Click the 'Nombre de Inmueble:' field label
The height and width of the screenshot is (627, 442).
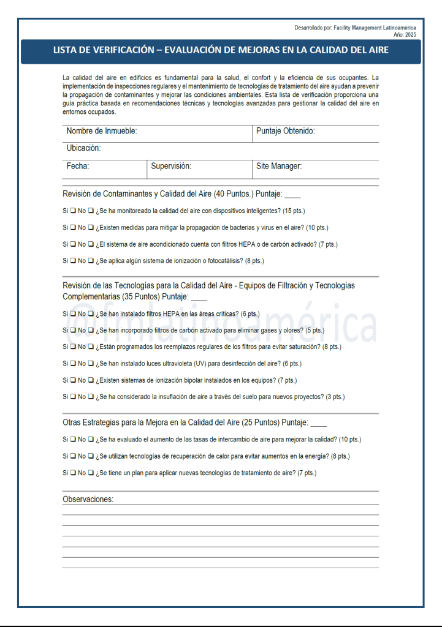pos(101,132)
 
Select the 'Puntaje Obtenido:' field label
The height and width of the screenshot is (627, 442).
pos(285,132)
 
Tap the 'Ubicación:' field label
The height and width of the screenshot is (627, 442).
pos(83,149)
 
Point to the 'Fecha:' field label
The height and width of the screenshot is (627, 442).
pos(78,167)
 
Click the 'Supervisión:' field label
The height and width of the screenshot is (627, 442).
pos(171,167)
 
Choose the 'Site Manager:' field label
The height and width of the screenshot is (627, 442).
pos(279,167)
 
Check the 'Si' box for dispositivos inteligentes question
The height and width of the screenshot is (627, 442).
pos(73,211)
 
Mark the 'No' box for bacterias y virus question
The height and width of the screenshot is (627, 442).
pos(91,228)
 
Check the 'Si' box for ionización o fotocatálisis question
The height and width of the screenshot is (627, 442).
pos(73,261)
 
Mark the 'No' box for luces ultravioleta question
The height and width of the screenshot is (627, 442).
pos(91,364)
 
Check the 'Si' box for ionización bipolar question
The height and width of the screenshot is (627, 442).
pos(73,380)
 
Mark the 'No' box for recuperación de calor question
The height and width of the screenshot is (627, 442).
pos(91,456)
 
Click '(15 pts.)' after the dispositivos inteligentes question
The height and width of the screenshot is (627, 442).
pos(294,211)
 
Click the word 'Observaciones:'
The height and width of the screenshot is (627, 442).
pos(88,500)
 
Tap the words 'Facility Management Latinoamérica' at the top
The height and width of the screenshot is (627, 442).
pos(375,28)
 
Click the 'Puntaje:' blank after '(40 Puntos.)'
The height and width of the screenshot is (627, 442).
pos(292,195)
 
